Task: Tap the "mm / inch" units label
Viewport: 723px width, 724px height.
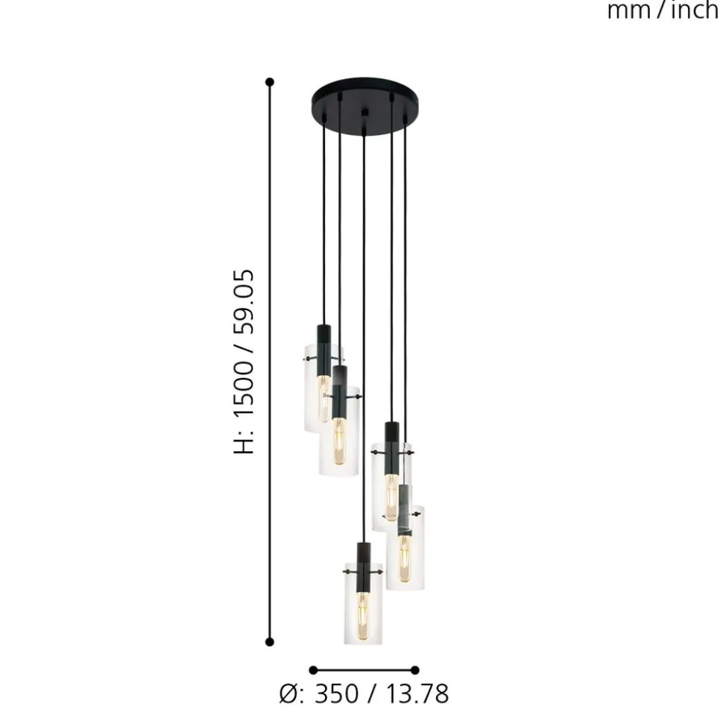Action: pos(663,10)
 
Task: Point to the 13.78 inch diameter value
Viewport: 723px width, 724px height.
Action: pos(417,694)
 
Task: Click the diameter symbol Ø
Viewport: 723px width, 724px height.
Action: pos(288,694)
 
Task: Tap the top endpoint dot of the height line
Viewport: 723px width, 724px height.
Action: pos(270,82)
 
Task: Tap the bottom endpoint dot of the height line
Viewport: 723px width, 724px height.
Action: pos(270,641)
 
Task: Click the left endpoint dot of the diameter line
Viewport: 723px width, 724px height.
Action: pos(313,670)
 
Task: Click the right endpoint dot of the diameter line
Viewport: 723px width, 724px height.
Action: pos(415,670)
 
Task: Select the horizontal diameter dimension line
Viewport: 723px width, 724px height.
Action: pos(364,670)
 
